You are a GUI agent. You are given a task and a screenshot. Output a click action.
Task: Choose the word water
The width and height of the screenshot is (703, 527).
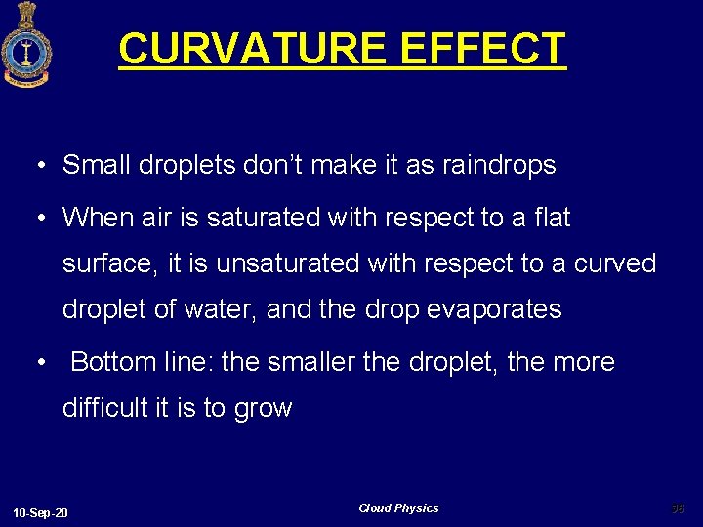tap(226, 309)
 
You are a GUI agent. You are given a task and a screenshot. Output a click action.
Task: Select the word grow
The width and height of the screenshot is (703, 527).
tap(263, 409)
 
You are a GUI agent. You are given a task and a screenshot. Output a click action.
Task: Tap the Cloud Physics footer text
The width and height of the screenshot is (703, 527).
tap(398, 508)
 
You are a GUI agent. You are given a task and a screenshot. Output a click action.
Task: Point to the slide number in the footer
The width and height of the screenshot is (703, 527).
tap(679, 507)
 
